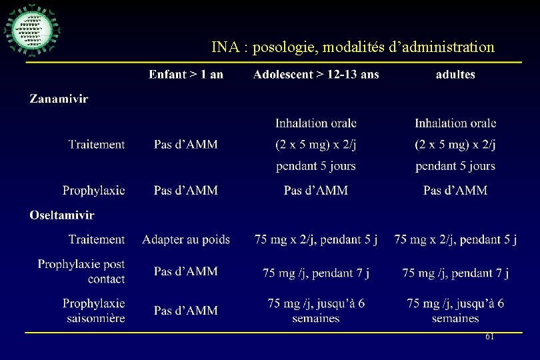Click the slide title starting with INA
353,47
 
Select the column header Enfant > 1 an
186,74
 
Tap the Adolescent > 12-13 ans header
316,74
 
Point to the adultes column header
455,74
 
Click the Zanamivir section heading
59,99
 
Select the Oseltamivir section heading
62,215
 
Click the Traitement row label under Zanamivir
97,145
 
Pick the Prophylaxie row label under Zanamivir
94,191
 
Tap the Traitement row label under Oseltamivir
97,239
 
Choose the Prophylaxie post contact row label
81,271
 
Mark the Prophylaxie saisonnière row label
94,311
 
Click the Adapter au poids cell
186,239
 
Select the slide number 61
489,337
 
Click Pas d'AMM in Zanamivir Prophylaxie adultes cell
455,191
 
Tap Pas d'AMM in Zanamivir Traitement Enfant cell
186,145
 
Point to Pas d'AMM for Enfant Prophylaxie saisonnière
186,311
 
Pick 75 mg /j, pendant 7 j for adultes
455,273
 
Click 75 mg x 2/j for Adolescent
316,239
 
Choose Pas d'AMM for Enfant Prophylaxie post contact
186,271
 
